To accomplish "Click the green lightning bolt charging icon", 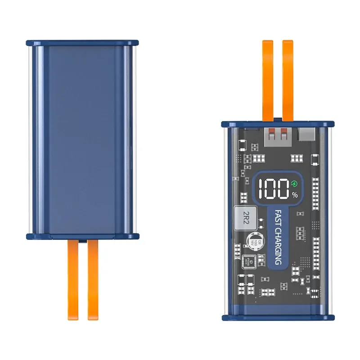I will [294, 184].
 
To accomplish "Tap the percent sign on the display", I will [295, 195].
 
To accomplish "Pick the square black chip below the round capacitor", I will [248, 262].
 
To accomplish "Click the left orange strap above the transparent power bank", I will [268, 79].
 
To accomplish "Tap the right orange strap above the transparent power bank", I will [288, 79].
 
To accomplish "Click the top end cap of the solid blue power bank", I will [82, 43].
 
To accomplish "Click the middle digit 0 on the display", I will [272, 189].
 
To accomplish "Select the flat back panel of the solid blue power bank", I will [82, 139].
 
